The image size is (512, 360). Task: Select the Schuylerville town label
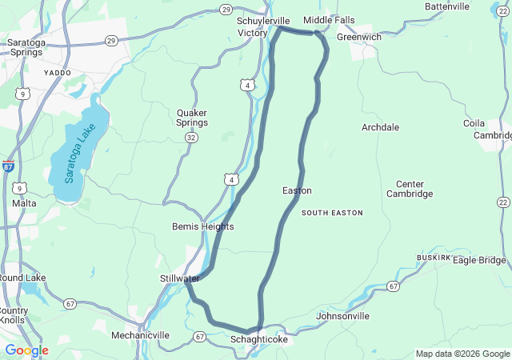coord(263,21)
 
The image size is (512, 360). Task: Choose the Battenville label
coord(447,6)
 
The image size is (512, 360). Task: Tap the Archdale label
coord(380,127)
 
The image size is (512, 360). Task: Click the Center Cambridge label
coord(410,188)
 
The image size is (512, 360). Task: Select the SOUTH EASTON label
coord(332,213)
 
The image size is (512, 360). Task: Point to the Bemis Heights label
coord(203,227)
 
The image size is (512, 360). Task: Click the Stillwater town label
coord(174,278)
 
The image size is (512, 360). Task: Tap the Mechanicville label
coord(140,335)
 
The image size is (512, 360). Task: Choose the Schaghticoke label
coord(258,340)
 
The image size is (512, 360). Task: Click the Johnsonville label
coord(343,316)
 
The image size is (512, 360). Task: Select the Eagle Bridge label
coord(479,260)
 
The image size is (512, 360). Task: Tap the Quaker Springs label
coord(192,118)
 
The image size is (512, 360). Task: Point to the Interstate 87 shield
coord(8,166)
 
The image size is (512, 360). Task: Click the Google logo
coord(26,350)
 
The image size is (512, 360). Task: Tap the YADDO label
coord(58,72)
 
